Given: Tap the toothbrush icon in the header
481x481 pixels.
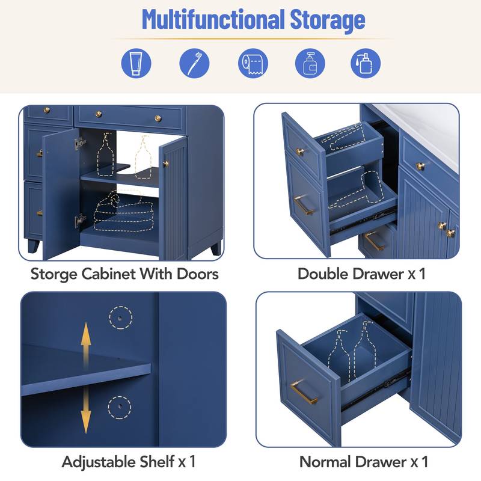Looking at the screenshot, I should pos(194,62).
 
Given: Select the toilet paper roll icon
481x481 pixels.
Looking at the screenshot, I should pos(253,62).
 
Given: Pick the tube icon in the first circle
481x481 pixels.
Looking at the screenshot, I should pos(136,62).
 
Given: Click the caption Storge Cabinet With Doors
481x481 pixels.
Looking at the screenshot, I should pos(124,274).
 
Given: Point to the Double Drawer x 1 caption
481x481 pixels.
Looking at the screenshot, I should pos(361,274).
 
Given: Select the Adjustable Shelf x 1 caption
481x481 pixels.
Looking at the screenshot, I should pos(128,462).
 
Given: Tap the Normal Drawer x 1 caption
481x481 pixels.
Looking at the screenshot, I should pos(364,462).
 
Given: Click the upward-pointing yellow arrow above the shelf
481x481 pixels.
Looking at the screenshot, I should pos(86,342).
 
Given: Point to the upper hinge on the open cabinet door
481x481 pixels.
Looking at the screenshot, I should pos(79,143).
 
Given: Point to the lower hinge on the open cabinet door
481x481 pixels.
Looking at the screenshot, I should pos(79,221).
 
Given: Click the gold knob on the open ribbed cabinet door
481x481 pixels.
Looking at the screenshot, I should pos(165,164).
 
